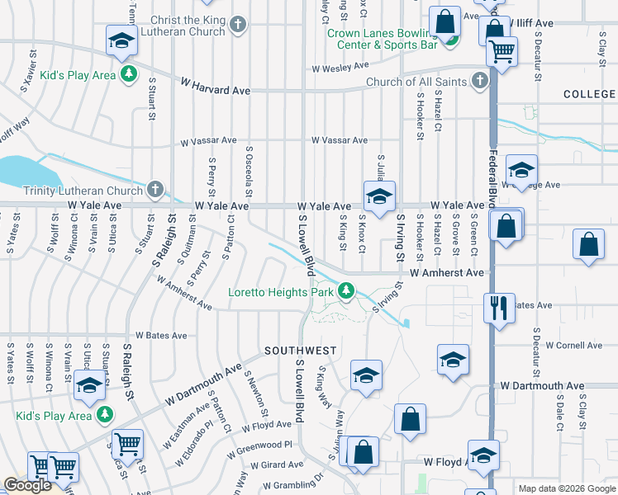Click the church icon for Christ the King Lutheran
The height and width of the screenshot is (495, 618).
pyautogui.click(x=238, y=24)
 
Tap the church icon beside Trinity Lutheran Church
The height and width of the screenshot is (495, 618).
pyautogui.click(x=154, y=191)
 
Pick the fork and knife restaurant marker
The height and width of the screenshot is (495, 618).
pyautogui.click(x=498, y=307)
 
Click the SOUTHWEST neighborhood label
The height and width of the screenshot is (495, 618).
pyautogui.click(x=300, y=351)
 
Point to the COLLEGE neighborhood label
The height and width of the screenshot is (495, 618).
pyautogui.click(x=590, y=95)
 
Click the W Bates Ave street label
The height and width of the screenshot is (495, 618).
pyautogui.click(x=161, y=336)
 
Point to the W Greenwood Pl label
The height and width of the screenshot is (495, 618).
pyautogui.click(x=264, y=444)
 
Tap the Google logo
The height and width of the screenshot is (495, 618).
pyautogui.click(x=27, y=485)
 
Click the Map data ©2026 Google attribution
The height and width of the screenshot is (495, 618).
pyautogui.click(x=567, y=488)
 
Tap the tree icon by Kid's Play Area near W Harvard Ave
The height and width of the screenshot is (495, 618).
pyautogui.click(x=129, y=75)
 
